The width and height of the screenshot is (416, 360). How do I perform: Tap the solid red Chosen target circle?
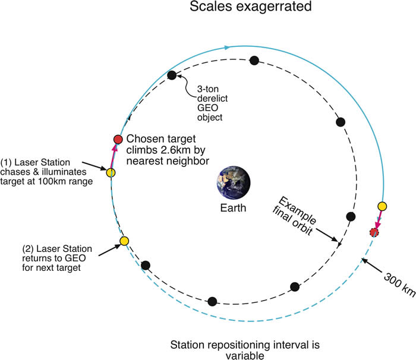(118, 139)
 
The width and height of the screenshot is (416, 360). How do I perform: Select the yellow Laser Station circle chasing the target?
(111, 173)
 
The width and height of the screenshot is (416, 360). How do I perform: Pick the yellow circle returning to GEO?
(124, 241)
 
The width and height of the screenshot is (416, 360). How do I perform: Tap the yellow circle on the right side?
(382, 206)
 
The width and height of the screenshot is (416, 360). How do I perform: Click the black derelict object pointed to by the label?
(172, 75)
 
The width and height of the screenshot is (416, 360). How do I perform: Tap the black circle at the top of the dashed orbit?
(254, 60)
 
